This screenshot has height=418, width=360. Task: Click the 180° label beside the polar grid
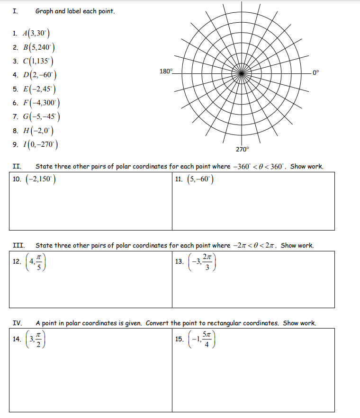(x=166, y=71)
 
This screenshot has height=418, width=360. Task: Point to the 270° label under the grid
(x=242, y=149)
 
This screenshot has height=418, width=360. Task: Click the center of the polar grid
(x=242, y=73)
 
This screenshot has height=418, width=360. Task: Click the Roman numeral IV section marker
(x=17, y=323)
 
